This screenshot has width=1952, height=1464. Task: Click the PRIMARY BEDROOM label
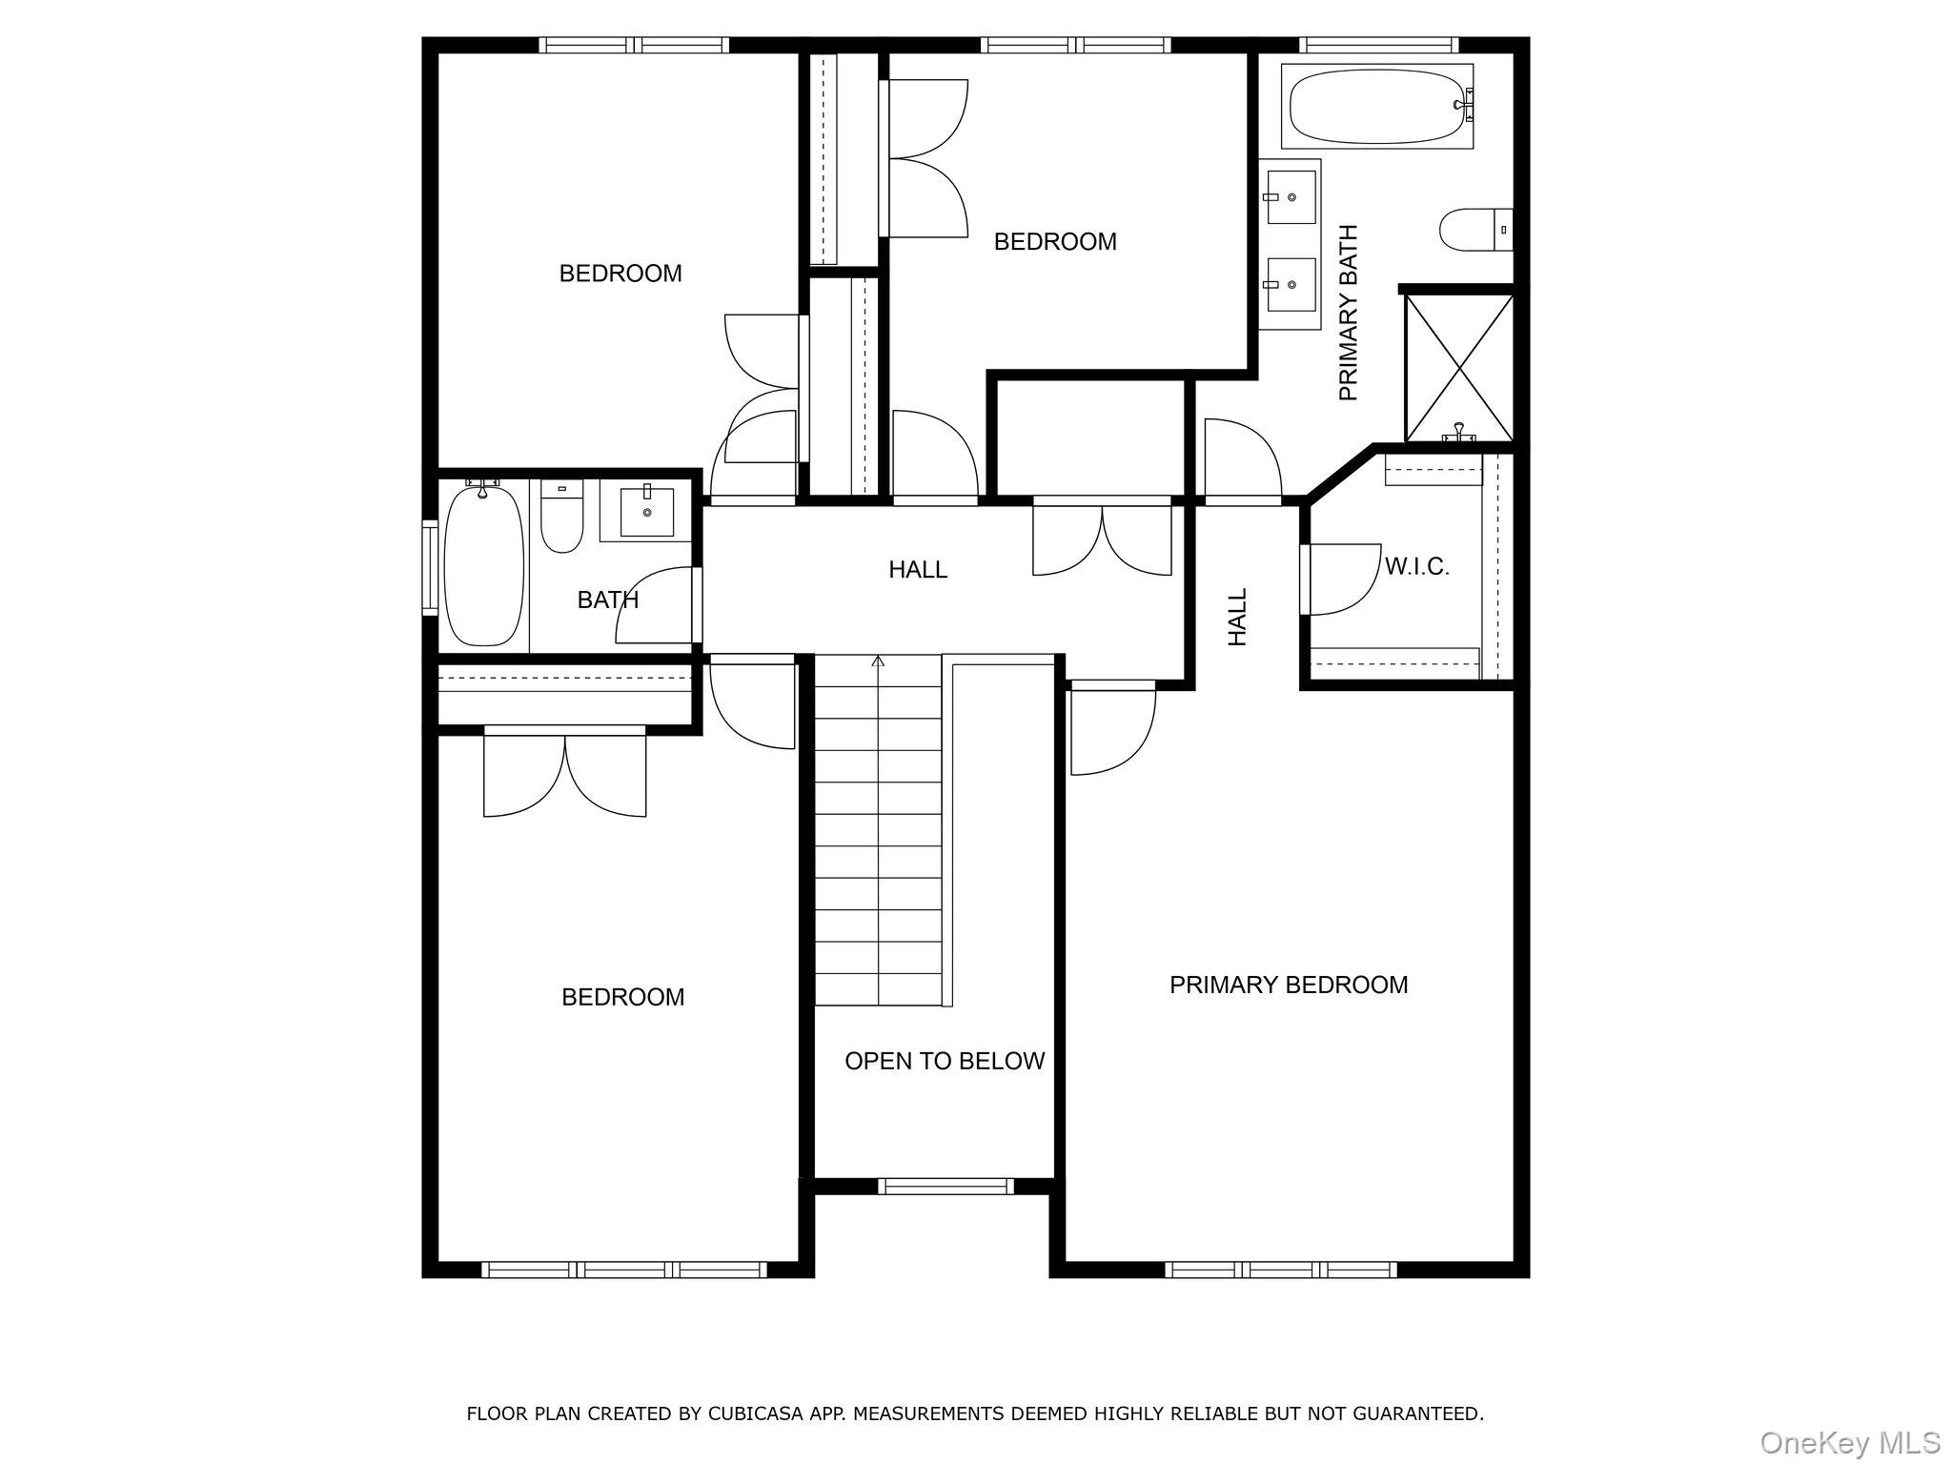click(1288, 985)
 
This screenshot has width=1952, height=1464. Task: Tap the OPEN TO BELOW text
click(944, 1061)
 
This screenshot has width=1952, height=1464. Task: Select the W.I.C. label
click(1416, 567)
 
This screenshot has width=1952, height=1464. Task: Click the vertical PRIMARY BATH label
click(1348, 313)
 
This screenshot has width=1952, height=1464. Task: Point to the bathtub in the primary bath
click(1376, 106)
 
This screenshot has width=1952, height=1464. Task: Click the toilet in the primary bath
click(1473, 230)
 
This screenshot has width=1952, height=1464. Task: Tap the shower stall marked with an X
click(1458, 367)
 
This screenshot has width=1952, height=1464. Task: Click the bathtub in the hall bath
click(484, 565)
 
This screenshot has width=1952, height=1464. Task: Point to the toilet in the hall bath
click(561, 521)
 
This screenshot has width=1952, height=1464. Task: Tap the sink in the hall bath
click(646, 513)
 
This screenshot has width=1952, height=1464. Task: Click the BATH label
click(607, 600)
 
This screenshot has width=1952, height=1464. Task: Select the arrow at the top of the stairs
click(878, 661)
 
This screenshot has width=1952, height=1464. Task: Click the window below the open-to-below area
click(944, 1186)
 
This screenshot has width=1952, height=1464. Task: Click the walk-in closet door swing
click(1341, 579)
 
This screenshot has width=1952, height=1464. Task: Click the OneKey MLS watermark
click(1850, 1442)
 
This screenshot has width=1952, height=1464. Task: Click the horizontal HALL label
click(917, 570)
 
